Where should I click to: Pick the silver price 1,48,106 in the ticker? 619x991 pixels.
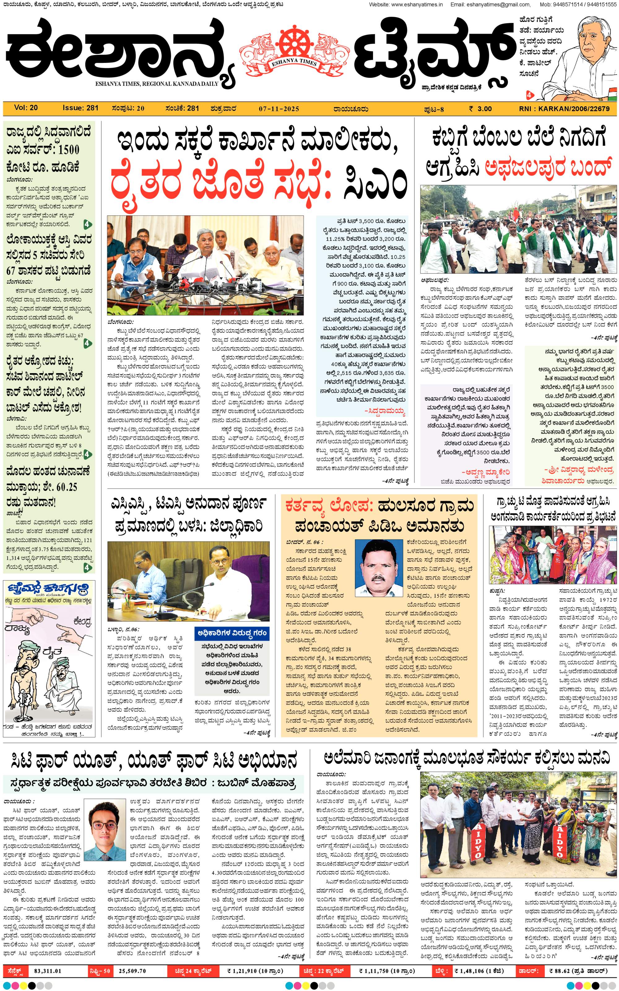[x=474, y=970]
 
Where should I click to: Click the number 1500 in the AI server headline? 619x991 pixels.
[x=68, y=150]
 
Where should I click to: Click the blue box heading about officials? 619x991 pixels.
[x=232, y=633]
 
